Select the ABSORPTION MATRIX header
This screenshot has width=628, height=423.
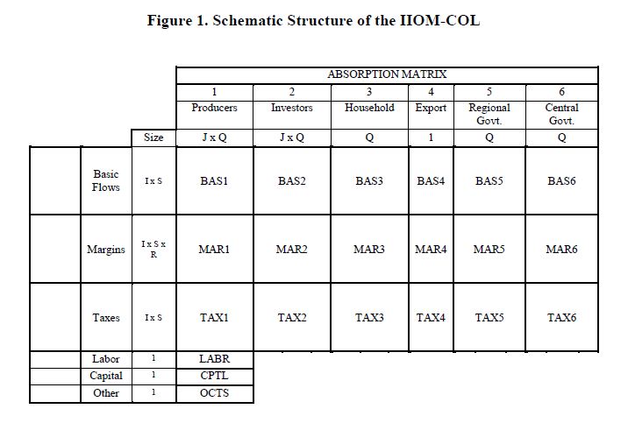[x=387, y=74]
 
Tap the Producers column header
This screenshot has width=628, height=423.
[x=214, y=108]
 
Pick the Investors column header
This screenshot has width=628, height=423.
[x=291, y=108]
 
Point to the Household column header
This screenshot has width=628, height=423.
[x=368, y=108]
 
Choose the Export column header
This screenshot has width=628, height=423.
[x=430, y=108]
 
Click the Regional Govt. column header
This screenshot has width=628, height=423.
[x=489, y=114]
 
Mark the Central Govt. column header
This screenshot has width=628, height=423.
[x=561, y=114]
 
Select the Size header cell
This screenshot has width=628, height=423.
[x=153, y=137]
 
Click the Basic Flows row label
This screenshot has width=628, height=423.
[x=105, y=180]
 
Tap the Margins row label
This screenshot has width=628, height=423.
[x=105, y=250]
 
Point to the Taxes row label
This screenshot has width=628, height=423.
[x=105, y=317]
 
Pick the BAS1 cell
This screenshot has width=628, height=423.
[x=214, y=181]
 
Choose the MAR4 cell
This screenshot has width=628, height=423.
[x=430, y=250]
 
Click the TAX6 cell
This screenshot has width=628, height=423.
[x=561, y=317]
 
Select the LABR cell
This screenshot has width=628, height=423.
[x=214, y=359]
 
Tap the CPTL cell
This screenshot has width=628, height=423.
[x=214, y=376]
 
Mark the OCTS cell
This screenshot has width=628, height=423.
[x=214, y=393]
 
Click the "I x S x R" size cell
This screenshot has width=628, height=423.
[x=153, y=250]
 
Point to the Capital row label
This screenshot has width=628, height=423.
[x=105, y=376]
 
